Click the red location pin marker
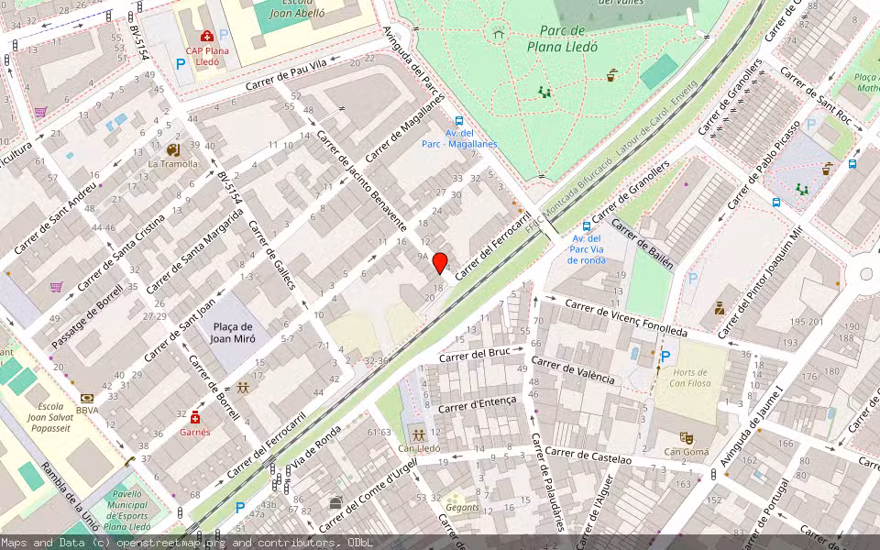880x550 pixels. pyautogui.click(x=440, y=263)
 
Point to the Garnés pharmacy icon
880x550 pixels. pyautogui.click(x=194, y=417)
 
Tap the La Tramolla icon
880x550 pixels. pyautogui.click(x=172, y=148)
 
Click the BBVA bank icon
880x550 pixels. pyautogui.click(x=87, y=398)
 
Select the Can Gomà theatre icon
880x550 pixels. pyautogui.click(x=686, y=437)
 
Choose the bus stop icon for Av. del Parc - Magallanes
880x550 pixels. pyautogui.click(x=458, y=120)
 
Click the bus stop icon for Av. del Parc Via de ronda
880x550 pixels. pyautogui.click(x=587, y=226)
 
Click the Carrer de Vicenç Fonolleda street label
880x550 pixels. pyautogui.click(x=625, y=317)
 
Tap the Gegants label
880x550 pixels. pyautogui.click(x=462, y=506)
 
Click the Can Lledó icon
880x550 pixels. pyautogui.click(x=418, y=434)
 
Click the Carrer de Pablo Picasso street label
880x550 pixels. pyautogui.click(x=764, y=163)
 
